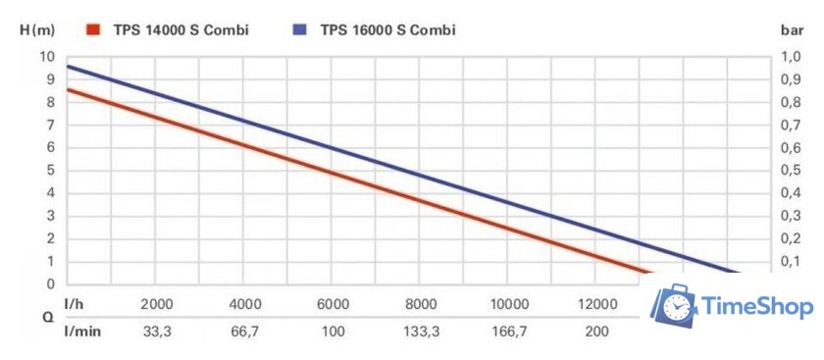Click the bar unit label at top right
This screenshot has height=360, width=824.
(x=792, y=29)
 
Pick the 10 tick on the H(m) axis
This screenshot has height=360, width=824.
(x=47, y=57)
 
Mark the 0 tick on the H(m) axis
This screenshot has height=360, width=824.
(x=51, y=284)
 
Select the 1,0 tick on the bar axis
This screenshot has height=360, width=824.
(x=790, y=57)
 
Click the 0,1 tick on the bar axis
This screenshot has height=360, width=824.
(x=790, y=262)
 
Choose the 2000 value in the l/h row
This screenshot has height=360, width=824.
(x=157, y=303)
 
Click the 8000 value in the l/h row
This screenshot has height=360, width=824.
(x=421, y=303)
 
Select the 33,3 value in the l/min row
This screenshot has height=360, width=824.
(x=157, y=332)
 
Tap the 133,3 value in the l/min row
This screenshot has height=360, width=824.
(x=421, y=332)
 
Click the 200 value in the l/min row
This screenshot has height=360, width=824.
(x=595, y=332)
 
